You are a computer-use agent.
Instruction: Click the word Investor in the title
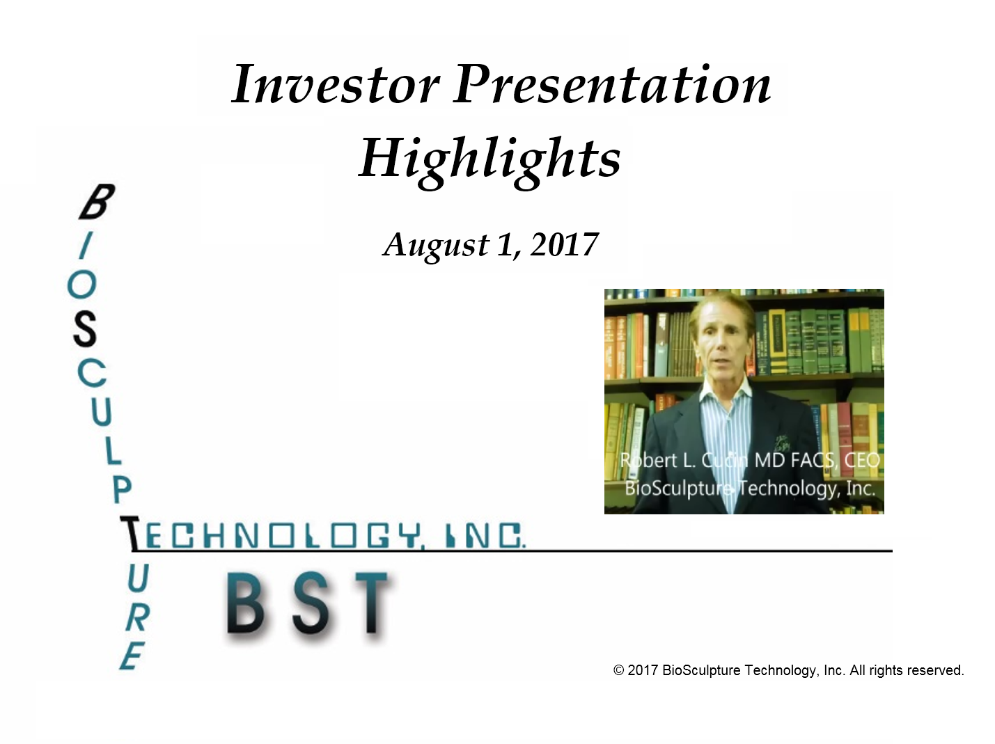click(x=336, y=84)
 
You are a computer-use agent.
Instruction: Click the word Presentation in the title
click(x=613, y=84)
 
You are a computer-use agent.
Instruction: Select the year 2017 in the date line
click(x=565, y=245)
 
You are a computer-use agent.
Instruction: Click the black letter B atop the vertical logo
click(x=97, y=202)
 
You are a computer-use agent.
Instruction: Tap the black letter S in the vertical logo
click(x=85, y=329)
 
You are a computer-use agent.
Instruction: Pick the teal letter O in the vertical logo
click(x=82, y=285)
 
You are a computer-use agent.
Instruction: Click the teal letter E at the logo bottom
click(x=132, y=655)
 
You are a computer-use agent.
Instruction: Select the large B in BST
click(x=245, y=603)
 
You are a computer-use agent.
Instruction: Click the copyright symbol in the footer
click(x=619, y=670)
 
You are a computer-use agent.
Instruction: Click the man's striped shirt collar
click(x=726, y=397)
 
